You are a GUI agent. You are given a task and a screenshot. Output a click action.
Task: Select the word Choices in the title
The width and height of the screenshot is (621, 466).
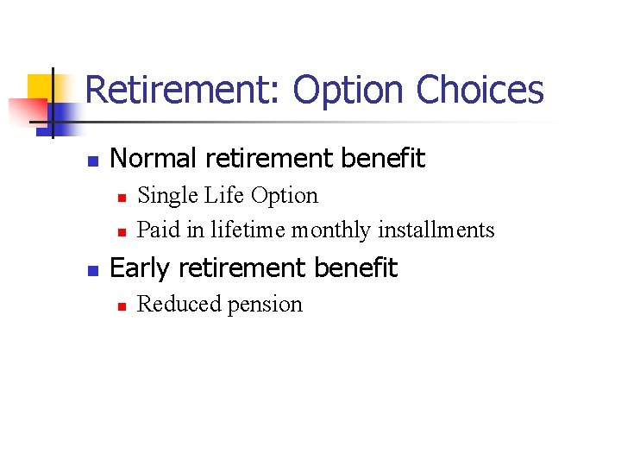tap(480, 90)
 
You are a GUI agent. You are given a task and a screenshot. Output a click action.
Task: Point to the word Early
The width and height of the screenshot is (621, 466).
tap(140, 268)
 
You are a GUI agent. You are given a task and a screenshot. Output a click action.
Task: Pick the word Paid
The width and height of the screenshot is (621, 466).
tap(155, 230)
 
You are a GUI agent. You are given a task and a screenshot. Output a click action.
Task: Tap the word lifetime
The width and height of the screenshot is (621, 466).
tap(248, 230)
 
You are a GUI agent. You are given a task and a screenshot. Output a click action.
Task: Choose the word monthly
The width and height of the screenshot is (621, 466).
tap(332, 230)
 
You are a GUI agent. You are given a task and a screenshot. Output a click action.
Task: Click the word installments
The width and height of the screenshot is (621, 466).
tap(436, 230)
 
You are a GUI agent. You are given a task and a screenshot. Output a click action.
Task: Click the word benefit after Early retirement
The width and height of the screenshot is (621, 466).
tap(355, 268)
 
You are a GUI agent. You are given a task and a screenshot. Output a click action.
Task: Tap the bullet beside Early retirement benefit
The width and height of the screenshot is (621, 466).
tap(94, 270)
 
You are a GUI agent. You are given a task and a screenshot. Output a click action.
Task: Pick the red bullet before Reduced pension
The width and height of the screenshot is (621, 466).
tap(122, 306)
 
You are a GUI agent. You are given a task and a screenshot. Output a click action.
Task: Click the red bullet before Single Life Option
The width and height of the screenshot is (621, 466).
tap(122, 198)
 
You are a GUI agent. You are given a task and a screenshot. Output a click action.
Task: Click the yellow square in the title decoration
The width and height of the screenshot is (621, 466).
tap(41, 87)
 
